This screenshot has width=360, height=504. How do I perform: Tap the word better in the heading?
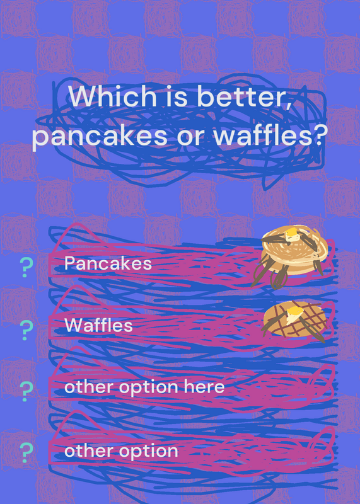tap(243, 97)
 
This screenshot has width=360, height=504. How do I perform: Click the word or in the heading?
tap(191, 137)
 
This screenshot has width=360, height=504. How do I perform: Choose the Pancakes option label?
tap(108, 263)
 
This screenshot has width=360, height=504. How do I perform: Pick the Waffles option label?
tap(98, 325)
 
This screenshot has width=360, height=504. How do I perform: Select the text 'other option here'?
tap(144, 387)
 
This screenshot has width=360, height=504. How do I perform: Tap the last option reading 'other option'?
tap(121, 450)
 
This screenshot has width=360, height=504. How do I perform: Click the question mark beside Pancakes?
tap(26, 267)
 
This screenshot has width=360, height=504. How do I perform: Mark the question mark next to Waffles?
tap(26, 330)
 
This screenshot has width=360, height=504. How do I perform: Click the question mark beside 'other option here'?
tap(26, 391)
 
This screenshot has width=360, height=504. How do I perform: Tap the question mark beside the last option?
tap(26, 452)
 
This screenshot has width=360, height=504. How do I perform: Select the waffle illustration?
tap(294, 321)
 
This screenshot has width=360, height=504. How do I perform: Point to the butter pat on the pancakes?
tap(291, 234)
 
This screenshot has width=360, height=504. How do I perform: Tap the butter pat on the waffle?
tap(294, 313)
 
